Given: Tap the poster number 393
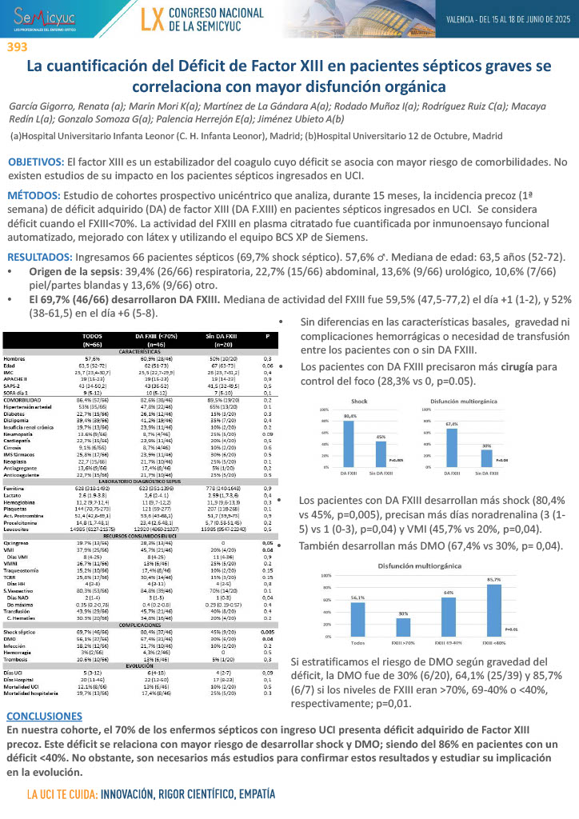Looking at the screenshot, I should (17, 47).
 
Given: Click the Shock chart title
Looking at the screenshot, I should (361, 400).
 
